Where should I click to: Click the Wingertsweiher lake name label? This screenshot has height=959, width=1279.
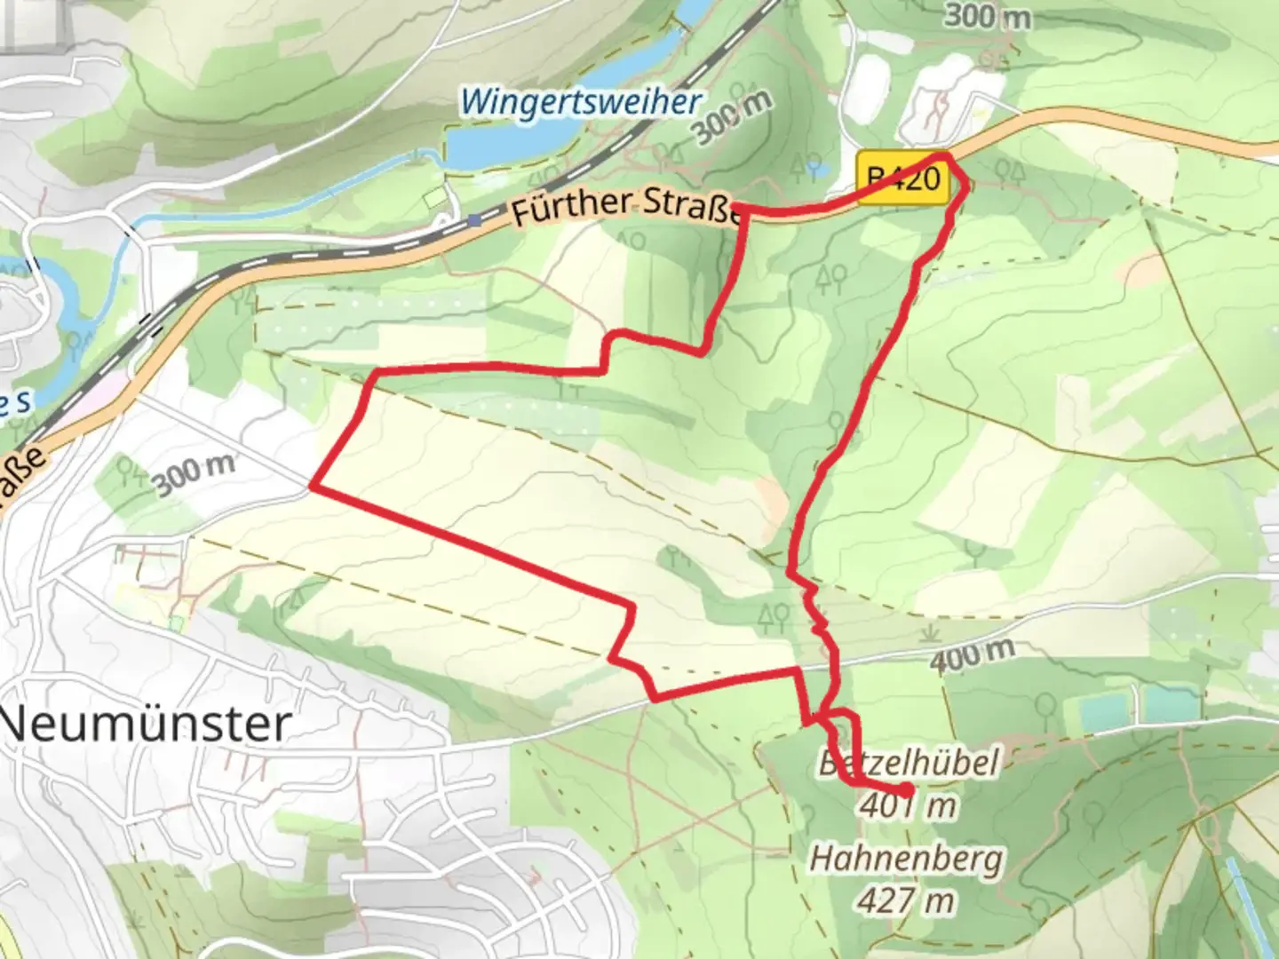click(x=582, y=102)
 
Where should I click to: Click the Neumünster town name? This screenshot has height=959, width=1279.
click(x=147, y=725)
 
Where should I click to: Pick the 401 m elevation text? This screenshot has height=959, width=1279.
click(x=907, y=805)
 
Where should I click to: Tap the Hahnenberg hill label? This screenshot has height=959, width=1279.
click(x=906, y=859)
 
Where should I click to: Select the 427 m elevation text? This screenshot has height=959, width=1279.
click(x=906, y=900)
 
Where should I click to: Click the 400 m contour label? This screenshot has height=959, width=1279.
click(x=973, y=655)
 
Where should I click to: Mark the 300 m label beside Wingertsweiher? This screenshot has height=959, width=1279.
click(x=732, y=117)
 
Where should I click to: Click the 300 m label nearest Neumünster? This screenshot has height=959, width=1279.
click(x=193, y=476)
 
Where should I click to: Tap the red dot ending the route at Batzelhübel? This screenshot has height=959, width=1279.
click(x=905, y=789)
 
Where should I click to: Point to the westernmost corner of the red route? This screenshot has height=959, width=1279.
click(x=311, y=487)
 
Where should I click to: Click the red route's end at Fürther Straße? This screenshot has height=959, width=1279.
click(x=736, y=209)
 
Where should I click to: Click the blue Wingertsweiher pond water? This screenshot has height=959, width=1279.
click(x=497, y=142)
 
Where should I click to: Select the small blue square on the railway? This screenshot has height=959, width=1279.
click(x=477, y=219)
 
